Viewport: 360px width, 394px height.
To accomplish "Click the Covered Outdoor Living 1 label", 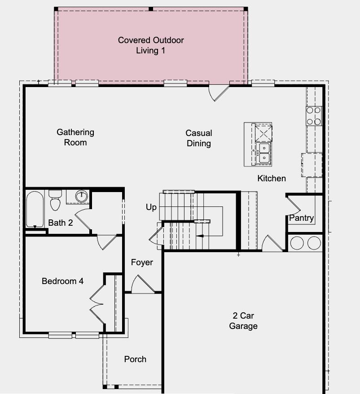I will (151, 45).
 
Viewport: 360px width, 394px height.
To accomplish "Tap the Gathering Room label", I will (75, 137).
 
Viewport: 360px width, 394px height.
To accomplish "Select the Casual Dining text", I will (198, 138).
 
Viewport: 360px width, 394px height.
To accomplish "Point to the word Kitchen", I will (272, 178).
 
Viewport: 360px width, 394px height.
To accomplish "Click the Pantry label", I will (301, 218).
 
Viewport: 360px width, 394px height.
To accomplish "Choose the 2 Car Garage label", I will (243, 321).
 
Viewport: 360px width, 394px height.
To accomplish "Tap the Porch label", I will (135, 359).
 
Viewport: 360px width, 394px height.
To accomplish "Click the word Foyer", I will (142, 262).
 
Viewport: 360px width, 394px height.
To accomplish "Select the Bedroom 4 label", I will (62, 281).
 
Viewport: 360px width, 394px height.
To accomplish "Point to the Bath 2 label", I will (61, 223).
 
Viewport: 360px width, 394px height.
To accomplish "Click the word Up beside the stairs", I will (151, 207).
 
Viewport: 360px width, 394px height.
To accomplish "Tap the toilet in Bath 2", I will (55, 201).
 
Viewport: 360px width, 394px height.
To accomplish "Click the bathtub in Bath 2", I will (35, 209).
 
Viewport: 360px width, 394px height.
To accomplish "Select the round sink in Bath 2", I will (81, 196).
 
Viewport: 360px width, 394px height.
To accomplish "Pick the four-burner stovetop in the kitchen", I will (314, 115).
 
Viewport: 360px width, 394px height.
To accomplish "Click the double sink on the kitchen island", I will (263, 153).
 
